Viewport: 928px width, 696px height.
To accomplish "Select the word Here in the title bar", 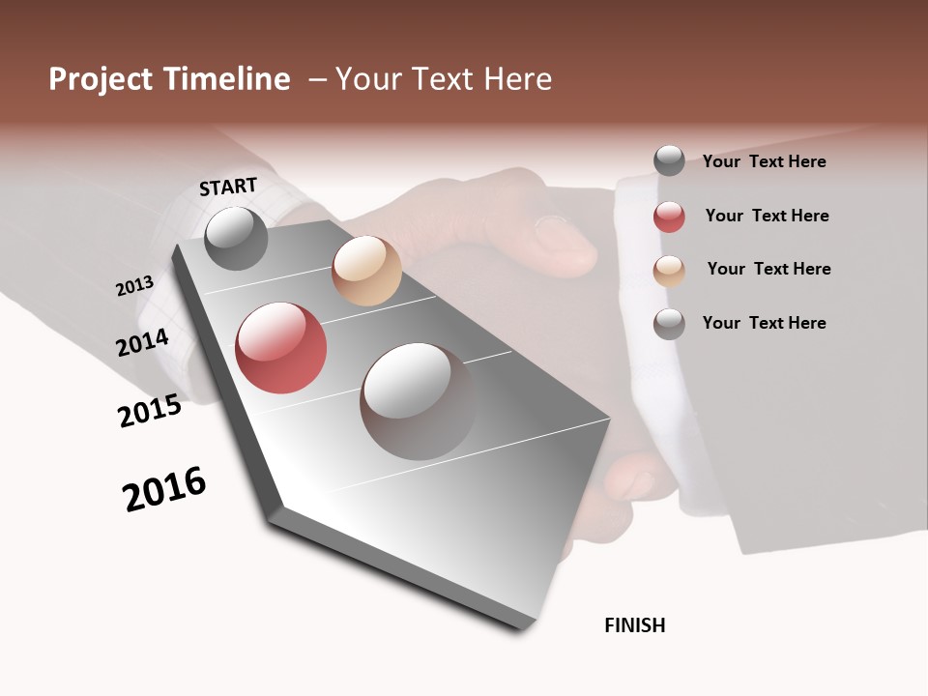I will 517,79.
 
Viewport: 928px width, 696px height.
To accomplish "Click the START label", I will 228,187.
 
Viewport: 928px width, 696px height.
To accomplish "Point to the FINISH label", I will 635,625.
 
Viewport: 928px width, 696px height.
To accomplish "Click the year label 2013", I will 135,286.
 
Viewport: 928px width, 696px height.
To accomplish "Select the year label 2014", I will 143,342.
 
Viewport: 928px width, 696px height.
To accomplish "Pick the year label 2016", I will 164,489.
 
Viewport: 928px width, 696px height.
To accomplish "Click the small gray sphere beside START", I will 237,238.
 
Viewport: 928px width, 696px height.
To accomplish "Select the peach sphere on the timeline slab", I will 366,270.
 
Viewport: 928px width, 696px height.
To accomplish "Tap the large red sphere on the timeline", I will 281,348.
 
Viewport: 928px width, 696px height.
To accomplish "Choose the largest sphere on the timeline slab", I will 418,400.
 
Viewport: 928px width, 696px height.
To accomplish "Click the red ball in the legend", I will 669,217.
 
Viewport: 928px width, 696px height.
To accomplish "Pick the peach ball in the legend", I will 669,270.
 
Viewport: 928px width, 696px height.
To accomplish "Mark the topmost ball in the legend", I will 669,160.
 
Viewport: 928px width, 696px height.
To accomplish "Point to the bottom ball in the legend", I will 669,324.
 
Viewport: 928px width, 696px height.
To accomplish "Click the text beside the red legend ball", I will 767,216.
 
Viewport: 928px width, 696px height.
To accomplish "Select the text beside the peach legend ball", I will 768,269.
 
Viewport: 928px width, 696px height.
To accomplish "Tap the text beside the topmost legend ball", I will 764,161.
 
